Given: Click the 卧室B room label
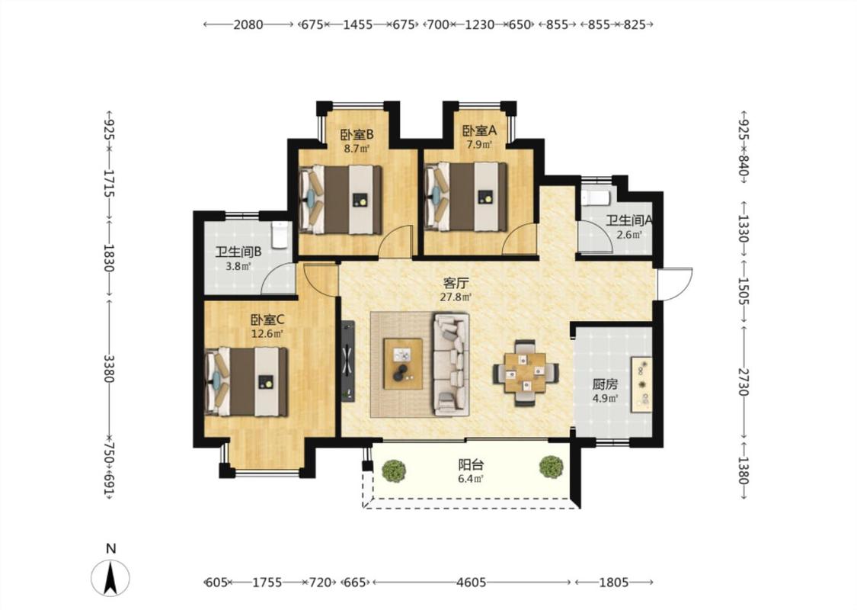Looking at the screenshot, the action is coord(357,135).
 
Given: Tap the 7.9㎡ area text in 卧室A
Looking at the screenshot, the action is coord(479,145).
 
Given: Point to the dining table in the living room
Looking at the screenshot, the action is coord(525,373).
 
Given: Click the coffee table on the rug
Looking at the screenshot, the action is coord(403,364).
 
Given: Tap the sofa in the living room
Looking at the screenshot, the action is coord(452,364).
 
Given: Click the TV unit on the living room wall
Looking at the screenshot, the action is coord(348,361).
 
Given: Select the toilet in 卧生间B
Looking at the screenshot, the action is coord(280,234).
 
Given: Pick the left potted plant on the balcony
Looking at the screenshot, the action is coord(394,470).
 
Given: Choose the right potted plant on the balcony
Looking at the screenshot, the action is coord(551,467).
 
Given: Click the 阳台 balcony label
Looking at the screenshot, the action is coord(471,465).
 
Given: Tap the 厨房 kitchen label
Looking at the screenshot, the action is coord(605,384).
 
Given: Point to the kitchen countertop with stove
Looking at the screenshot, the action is coord(641,384).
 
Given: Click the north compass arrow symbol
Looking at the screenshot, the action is coord(111,578).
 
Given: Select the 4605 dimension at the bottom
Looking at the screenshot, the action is coord(471,583).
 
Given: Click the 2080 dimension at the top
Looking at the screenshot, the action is coord(248,24).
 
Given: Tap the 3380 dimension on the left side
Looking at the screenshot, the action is coord(109,369).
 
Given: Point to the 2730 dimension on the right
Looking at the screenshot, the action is coord(743,382).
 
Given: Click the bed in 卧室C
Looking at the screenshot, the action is coord(247,381).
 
